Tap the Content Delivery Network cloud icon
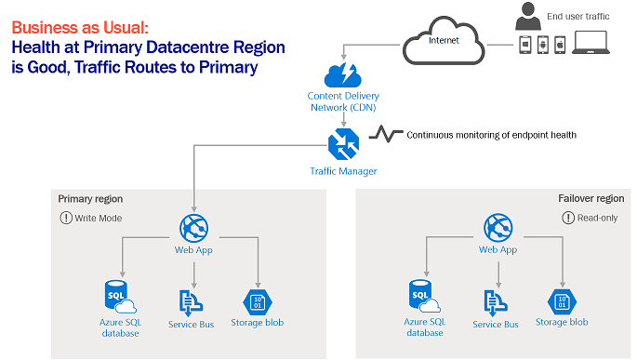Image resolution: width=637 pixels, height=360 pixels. click(x=343, y=75)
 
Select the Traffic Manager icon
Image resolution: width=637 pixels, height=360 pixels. click(x=343, y=144)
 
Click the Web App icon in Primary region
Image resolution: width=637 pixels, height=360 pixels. click(x=193, y=228)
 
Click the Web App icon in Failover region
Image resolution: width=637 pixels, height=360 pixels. click(x=498, y=228)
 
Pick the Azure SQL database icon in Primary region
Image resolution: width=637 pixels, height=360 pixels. click(x=120, y=297)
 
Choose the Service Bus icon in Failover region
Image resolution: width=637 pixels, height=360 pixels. click(x=496, y=303)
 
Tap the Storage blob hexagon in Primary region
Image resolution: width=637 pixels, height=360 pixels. click(x=258, y=302)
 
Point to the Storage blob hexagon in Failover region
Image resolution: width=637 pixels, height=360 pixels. click(x=562, y=302)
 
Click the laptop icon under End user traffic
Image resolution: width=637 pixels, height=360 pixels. click(x=591, y=43)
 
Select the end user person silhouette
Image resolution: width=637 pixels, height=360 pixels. click(x=528, y=16)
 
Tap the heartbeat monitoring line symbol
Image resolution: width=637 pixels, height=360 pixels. click(x=386, y=134)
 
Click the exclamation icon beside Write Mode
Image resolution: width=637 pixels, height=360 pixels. click(x=66, y=218)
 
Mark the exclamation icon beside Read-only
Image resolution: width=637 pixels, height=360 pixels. click(x=568, y=218)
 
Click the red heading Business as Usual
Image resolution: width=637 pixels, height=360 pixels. click(x=80, y=28)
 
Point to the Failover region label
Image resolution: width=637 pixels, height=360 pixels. click(x=591, y=198)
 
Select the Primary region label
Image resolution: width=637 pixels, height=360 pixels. click(x=90, y=199)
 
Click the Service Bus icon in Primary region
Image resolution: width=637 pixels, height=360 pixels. click(x=191, y=303)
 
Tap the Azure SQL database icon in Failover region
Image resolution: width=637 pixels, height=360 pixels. click(x=425, y=296)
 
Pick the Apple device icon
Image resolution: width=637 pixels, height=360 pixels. click(x=560, y=45)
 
